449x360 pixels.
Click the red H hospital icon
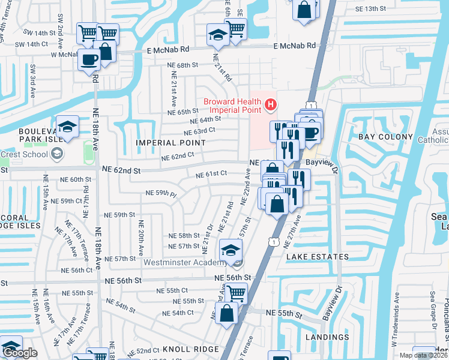pyautogui.click(x=270, y=106)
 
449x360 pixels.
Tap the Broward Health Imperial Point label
pyautogui.click(x=232, y=106)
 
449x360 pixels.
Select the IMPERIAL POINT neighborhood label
pyautogui.click(x=170, y=143)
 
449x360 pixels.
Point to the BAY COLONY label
pyautogui.click(x=385, y=137)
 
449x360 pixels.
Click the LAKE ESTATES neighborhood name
pyautogui.click(x=317, y=257)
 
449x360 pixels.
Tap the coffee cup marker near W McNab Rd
pyautogui.click(x=89, y=60)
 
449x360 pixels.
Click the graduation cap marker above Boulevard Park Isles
pyautogui.click(x=67, y=127)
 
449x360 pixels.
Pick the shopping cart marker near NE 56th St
pyautogui.click(x=236, y=293)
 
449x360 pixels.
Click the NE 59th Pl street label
pyautogui.click(x=161, y=194)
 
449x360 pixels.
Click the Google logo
pyautogui.click(x=20, y=353)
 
